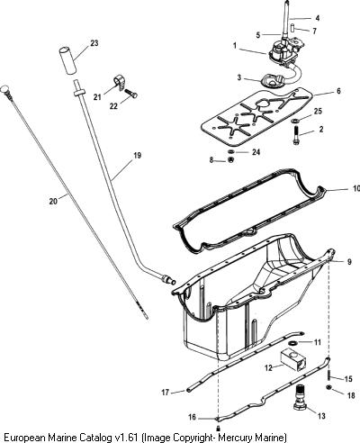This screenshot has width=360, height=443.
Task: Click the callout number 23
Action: (x=94, y=43)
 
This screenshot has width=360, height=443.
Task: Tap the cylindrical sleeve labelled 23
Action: (x=68, y=60)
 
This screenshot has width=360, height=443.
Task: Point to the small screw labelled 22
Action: (x=130, y=94)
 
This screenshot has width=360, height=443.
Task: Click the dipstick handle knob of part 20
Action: (x=5, y=90)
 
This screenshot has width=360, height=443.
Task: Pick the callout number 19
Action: (x=137, y=156)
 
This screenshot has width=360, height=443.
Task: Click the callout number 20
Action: (x=53, y=201)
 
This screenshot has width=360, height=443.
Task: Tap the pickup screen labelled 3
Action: (x=272, y=81)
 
